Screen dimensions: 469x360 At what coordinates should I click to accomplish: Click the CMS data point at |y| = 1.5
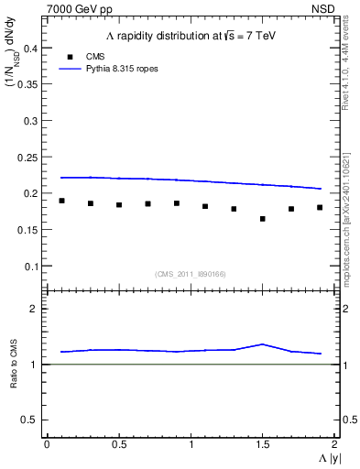(x=263, y=219)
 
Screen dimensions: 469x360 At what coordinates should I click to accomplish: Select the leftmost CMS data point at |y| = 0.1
(x=61, y=201)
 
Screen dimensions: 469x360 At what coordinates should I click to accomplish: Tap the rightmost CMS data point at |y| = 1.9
(x=320, y=207)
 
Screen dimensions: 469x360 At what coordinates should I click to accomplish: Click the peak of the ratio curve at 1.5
(x=263, y=344)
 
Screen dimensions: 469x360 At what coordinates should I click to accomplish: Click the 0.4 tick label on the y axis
(x=28, y=48)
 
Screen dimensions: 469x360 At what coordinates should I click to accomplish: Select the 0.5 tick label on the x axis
(x=118, y=444)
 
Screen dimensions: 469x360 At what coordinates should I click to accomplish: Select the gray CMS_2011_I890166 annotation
(x=191, y=273)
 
